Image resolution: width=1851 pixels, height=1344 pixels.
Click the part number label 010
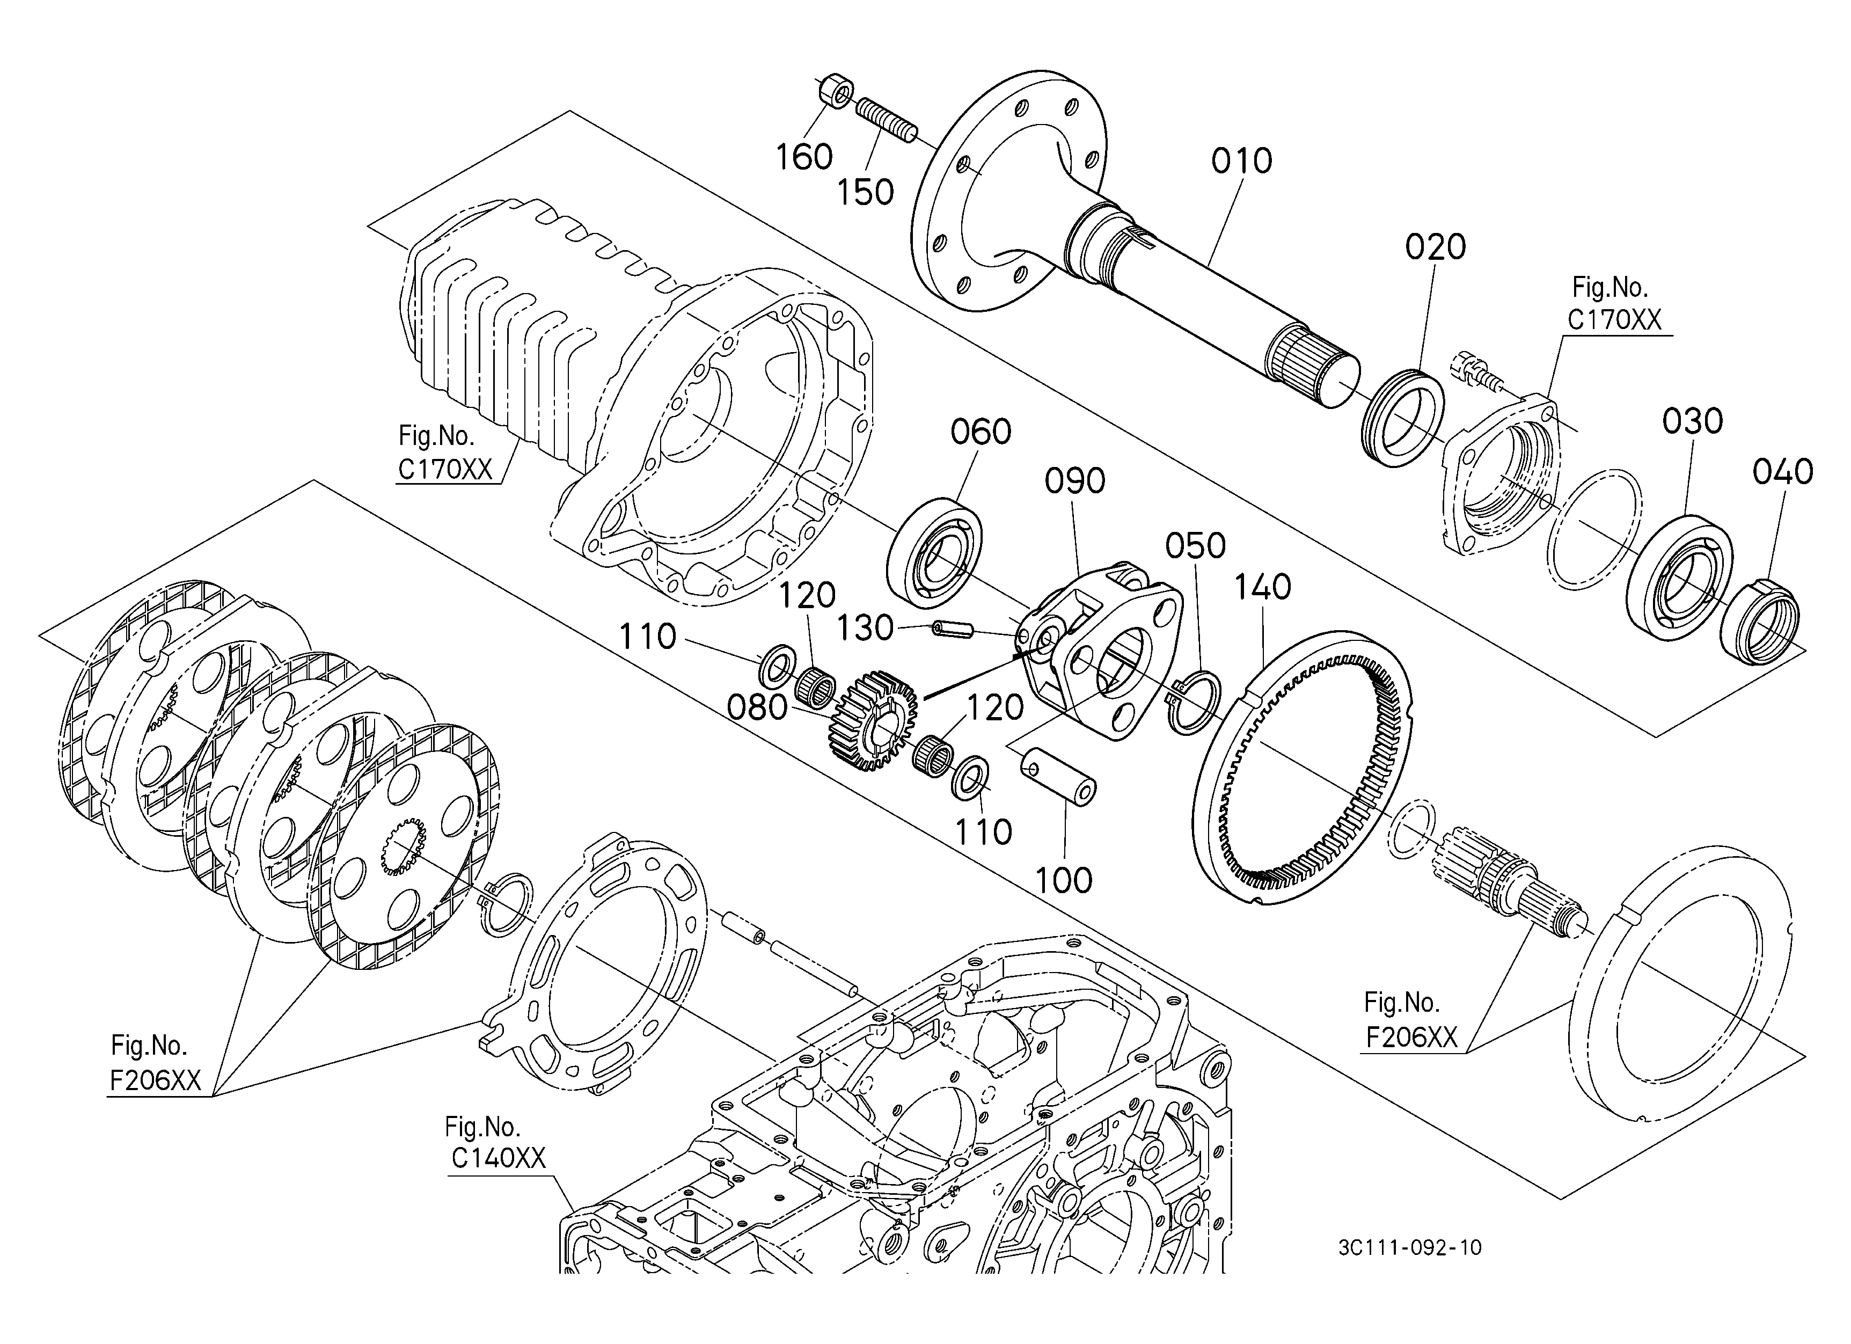[x=1241, y=161]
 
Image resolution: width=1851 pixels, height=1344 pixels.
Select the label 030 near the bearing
[x=1693, y=422]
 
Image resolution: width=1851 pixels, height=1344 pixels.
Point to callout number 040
[x=1782, y=472]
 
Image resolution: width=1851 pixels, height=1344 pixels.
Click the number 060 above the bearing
[x=981, y=432]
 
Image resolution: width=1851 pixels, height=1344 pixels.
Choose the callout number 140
[x=1263, y=587]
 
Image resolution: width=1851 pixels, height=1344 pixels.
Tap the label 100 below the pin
[x=1064, y=880]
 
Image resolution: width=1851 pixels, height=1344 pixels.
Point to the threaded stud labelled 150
[x=887, y=121]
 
